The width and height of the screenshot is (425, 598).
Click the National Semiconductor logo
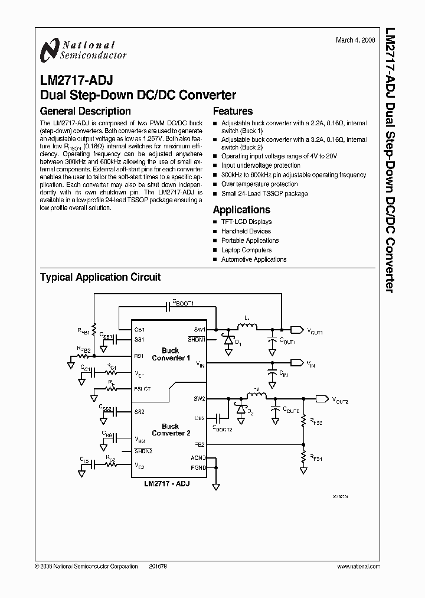pos(83,50)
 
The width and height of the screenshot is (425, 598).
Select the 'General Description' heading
pos(85,111)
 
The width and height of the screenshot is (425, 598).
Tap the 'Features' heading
pos(233,111)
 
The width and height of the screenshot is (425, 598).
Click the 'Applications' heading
pos(241,210)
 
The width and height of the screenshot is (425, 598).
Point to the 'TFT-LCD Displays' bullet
pos(246,222)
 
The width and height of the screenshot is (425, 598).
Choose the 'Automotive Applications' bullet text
pos(254,259)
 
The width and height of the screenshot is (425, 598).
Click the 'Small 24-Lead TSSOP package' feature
pos(264,193)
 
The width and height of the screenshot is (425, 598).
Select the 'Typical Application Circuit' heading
pos(100,277)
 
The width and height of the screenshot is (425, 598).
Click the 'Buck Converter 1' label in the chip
pos(171,355)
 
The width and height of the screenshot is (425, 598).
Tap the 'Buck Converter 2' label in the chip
pos(171,430)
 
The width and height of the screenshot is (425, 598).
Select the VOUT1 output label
pos(315,332)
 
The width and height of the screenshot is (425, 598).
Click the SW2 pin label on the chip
pos(199,399)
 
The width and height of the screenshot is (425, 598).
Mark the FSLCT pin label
pos(143,388)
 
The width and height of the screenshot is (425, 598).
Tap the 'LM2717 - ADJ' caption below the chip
pos(167,483)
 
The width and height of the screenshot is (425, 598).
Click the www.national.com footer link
pos(358,566)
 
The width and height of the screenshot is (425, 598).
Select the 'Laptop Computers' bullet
pos(246,250)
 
